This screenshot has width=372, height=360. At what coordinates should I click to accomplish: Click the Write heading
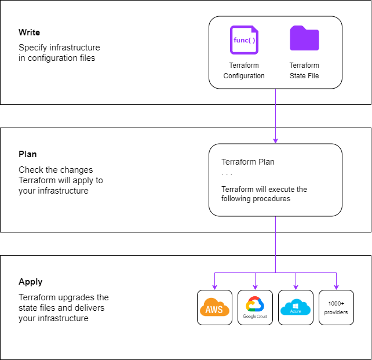pos(29,32)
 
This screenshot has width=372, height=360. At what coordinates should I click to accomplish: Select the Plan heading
pos(28,155)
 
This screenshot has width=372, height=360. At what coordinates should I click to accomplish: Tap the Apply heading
pos(30,282)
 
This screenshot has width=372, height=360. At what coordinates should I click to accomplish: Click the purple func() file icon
pos(244,40)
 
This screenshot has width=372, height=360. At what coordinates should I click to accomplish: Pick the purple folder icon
pos(304,39)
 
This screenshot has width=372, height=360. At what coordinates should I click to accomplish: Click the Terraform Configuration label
pos(244,71)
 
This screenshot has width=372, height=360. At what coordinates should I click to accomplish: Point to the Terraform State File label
pos(304,71)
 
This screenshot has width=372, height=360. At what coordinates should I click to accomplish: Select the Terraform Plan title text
pos(248,162)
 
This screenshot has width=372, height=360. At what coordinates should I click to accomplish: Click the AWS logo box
pos(214,308)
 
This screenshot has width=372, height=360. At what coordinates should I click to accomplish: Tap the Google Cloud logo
pos(255,308)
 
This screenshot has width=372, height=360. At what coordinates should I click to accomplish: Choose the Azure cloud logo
pos(296,308)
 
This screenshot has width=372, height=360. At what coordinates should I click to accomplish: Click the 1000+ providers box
pos(336,308)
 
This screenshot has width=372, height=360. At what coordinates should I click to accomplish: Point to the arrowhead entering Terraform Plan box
pos(275,141)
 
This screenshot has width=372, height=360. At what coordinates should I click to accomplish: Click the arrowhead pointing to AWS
pos(214,287)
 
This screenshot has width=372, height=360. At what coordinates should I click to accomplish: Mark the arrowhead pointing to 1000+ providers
pos(336,287)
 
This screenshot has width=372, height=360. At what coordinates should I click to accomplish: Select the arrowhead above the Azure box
pos(296,287)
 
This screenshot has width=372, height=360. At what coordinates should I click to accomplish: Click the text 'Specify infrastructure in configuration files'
pos(59,53)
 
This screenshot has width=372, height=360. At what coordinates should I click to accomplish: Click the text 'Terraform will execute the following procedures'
pos(264,194)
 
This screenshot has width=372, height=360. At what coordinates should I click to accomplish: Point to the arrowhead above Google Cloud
pos(255,287)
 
